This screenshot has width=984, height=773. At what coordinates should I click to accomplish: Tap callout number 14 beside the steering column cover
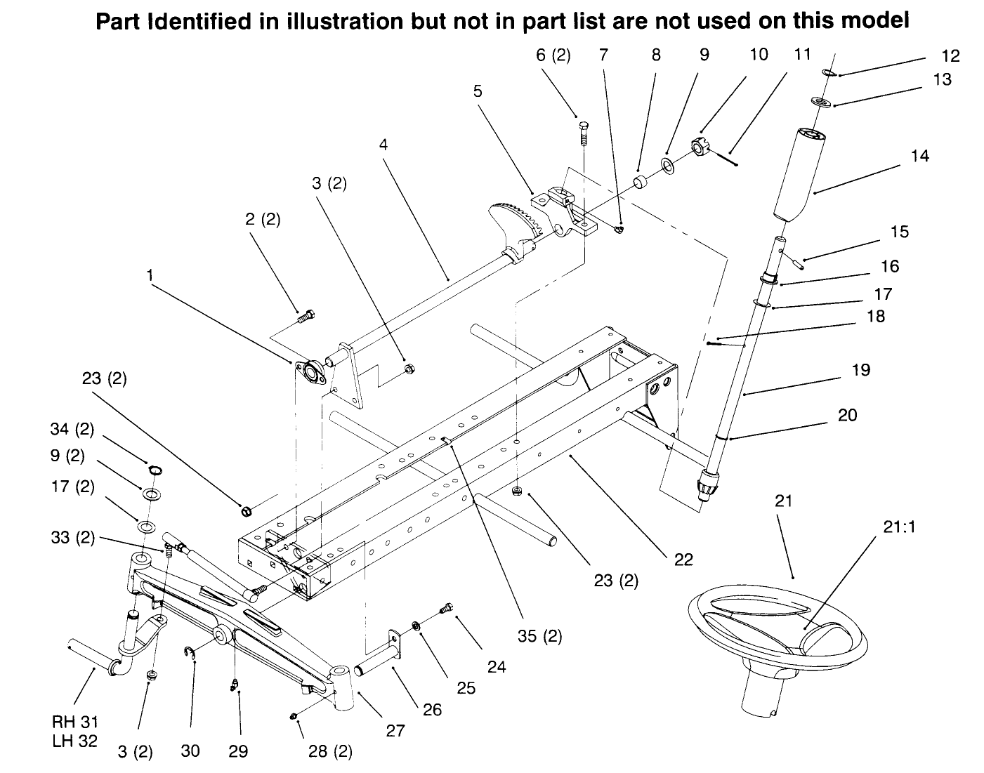click(x=919, y=156)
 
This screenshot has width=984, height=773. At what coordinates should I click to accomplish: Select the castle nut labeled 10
click(x=700, y=147)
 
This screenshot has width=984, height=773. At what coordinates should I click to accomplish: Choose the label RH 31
click(x=74, y=722)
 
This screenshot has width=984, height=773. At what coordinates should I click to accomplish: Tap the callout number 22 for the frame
click(x=683, y=559)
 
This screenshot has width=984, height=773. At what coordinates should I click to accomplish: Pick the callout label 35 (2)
click(x=540, y=636)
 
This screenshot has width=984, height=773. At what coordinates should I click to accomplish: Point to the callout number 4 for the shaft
click(x=383, y=145)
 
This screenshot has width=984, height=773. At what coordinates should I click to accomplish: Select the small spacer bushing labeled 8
click(x=641, y=183)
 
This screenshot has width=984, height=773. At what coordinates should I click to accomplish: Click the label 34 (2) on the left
click(x=72, y=429)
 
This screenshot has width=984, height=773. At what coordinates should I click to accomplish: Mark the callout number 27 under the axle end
click(x=395, y=731)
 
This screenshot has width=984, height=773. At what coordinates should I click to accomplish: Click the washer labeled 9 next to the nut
click(x=667, y=166)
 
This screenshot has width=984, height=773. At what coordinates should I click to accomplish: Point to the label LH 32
click(x=74, y=741)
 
